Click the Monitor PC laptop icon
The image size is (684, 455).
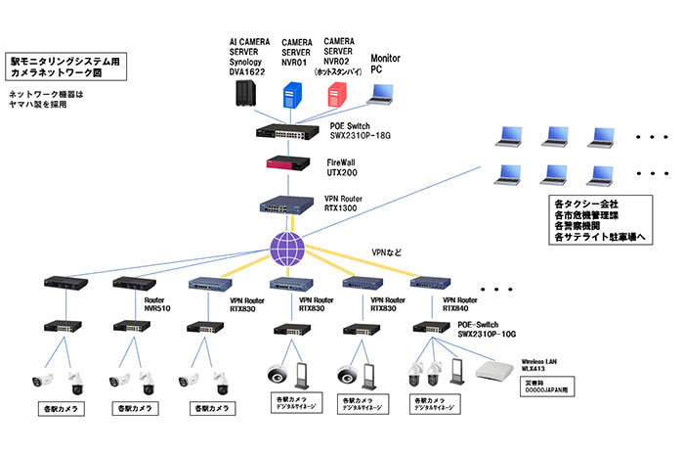[x=382, y=94]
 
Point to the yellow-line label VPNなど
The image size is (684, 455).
[x=386, y=250]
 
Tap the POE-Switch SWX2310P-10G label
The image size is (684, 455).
[x=480, y=330]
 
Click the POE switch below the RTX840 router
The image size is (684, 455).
[x=429, y=329]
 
